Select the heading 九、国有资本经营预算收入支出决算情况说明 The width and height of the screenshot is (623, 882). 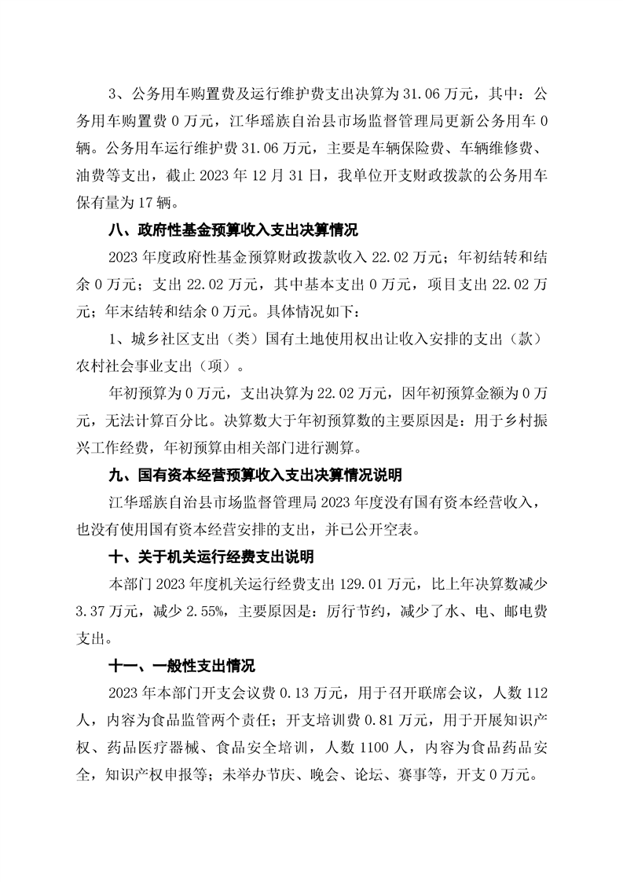tap(255, 476)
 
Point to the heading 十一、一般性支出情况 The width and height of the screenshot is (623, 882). tap(182, 666)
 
